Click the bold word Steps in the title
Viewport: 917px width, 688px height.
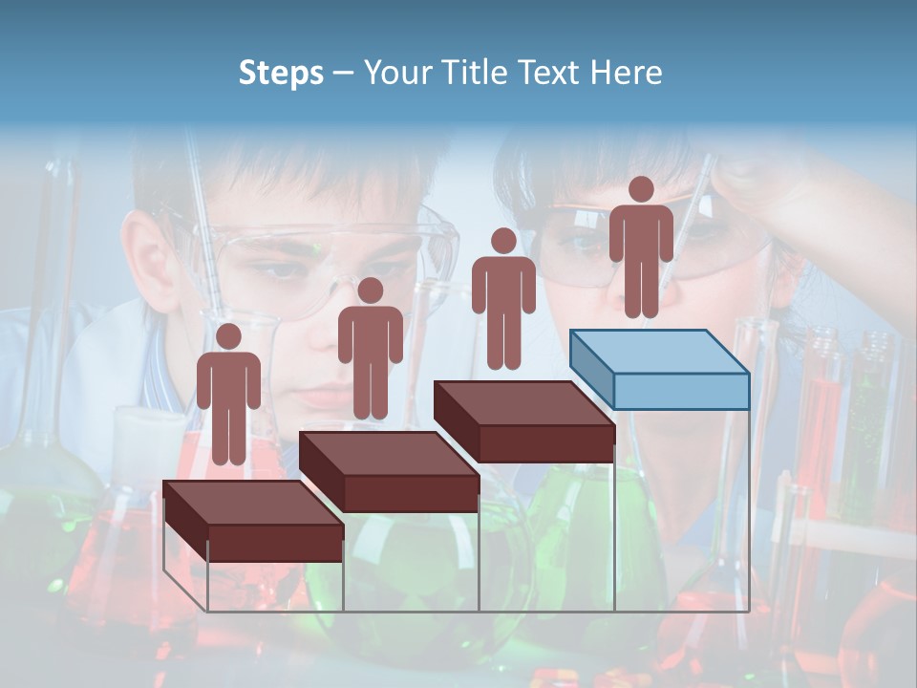pos(281,74)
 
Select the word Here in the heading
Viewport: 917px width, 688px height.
pos(626,73)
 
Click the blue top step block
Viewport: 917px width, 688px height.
pos(659,369)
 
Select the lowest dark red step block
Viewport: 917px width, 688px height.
pos(253,521)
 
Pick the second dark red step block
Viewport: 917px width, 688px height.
pos(389,471)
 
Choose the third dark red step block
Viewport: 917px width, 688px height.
pos(523,421)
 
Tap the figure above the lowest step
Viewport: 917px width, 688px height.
pos(228,397)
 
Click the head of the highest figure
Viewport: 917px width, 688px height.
pos(641,189)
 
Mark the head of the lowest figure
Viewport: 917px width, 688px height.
pos(228,336)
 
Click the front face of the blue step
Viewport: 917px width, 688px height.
pos(681,391)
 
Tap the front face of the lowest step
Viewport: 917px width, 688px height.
pos(276,543)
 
